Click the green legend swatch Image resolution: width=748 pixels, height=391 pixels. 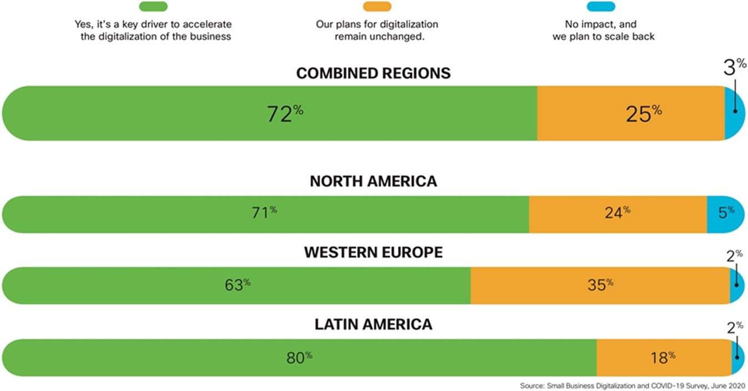153,7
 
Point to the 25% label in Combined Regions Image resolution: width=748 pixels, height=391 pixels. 644,113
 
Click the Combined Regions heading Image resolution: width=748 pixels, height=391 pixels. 373,73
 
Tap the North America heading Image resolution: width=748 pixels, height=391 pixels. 373,181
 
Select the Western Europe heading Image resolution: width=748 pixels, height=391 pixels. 373,252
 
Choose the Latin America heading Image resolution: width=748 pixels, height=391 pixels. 373,324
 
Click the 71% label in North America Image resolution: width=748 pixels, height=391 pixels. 264,214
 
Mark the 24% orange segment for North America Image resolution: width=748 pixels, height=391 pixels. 618,214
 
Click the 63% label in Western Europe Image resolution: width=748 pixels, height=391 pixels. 238,285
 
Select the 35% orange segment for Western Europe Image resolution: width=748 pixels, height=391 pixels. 600,285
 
